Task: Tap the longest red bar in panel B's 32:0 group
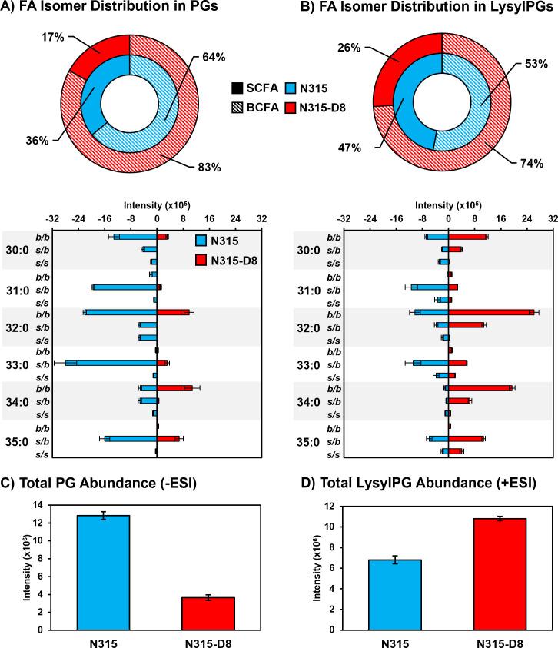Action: (x=491, y=312)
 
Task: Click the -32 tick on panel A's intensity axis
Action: (x=51, y=218)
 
